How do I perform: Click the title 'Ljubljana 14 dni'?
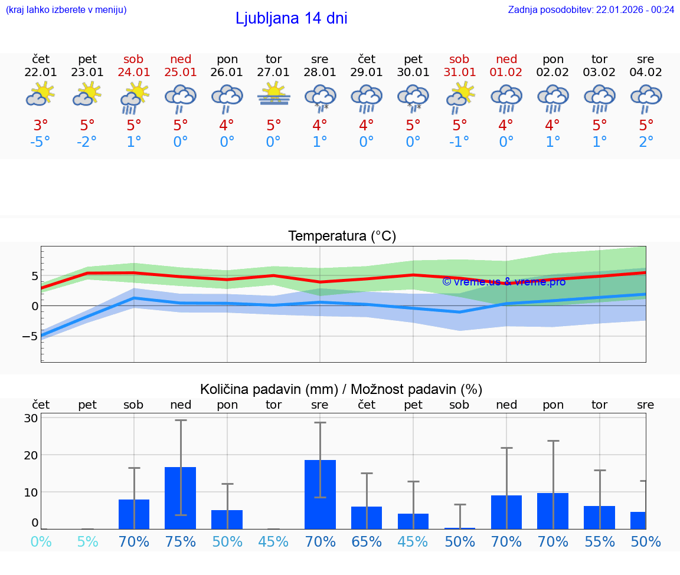click(291, 18)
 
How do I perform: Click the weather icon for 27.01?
click(274, 95)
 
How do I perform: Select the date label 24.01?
click(133, 72)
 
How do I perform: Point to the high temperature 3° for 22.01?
click(41, 125)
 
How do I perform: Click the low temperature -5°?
click(41, 142)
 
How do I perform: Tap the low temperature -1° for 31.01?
click(459, 142)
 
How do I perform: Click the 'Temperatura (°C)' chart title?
click(342, 236)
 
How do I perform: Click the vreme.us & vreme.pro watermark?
click(504, 281)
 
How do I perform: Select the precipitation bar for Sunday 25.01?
click(181, 498)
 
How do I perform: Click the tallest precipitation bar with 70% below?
click(320, 494)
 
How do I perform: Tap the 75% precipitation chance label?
click(181, 541)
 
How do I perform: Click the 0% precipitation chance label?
click(41, 541)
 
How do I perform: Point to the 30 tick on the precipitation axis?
click(31, 418)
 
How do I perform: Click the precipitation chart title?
click(341, 389)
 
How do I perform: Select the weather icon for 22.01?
click(41, 95)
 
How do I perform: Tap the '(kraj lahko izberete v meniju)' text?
click(66, 9)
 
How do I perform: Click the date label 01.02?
click(506, 72)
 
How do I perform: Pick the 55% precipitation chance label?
click(600, 541)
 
